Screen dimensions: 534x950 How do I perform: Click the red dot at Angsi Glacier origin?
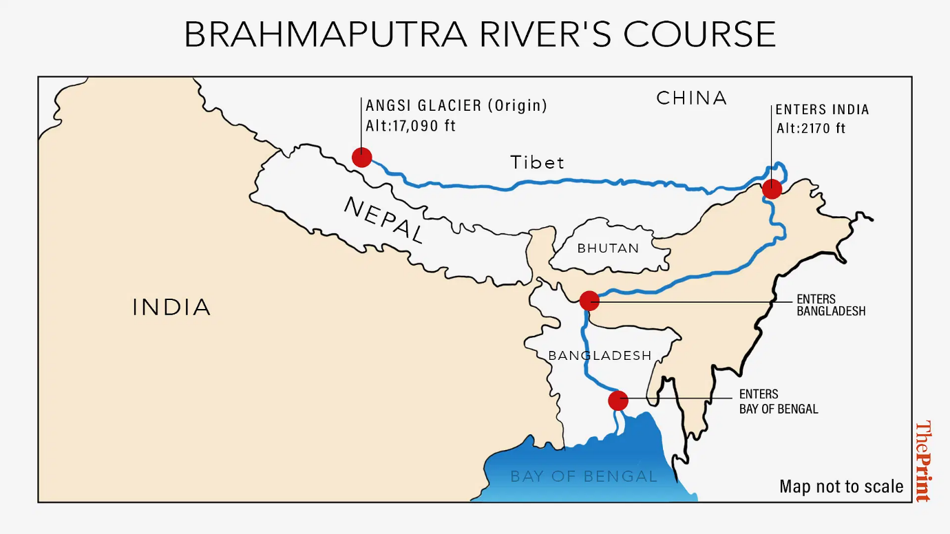point(361,158)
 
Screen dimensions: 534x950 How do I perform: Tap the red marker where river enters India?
point(772,189)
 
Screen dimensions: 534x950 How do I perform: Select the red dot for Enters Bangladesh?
point(589,301)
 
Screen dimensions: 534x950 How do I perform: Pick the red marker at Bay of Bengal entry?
point(618,400)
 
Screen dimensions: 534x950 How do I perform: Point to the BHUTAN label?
point(608,248)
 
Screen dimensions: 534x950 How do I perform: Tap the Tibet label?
point(537,163)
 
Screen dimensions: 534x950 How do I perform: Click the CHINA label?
point(691,98)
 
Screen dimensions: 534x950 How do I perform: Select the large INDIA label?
point(171,308)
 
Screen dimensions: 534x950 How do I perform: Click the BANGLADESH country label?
point(600,356)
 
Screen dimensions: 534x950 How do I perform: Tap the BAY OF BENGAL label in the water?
point(584,476)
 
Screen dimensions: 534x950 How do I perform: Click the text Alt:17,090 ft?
point(410,127)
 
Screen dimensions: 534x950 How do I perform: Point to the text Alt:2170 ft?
point(810,128)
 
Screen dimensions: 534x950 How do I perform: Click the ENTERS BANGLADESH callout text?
point(830,305)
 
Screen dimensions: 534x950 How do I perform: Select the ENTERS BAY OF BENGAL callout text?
point(779,401)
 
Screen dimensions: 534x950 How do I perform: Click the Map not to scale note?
point(841,487)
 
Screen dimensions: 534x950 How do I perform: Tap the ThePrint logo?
point(923,460)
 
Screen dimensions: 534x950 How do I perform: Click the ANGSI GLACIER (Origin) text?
point(456,106)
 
